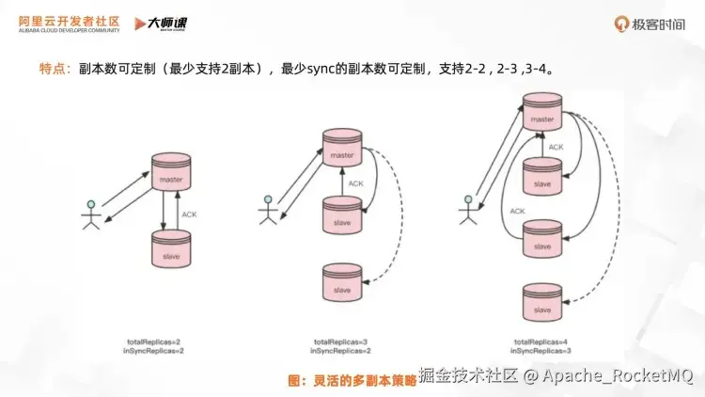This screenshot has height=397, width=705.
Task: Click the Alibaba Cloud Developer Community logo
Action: (x=64, y=23)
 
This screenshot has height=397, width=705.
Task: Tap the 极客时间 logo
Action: (x=649, y=23)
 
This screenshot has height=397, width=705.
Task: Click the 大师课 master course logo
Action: (x=156, y=23)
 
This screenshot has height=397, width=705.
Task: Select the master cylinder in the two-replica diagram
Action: (x=170, y=170)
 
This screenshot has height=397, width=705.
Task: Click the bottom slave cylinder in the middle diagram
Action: (x=341, y=280)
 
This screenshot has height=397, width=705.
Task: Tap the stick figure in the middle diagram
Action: (x=268, y=209)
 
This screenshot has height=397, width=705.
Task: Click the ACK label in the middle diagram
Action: (x=355, y=183)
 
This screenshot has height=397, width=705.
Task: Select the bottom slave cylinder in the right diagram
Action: (x=542, y=301)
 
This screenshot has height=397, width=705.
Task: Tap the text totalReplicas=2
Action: (x=152, y=341)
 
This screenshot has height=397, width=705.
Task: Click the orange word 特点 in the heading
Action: (x=53, y=69)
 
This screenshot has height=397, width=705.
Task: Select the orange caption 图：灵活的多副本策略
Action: (x=351, y=380)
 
